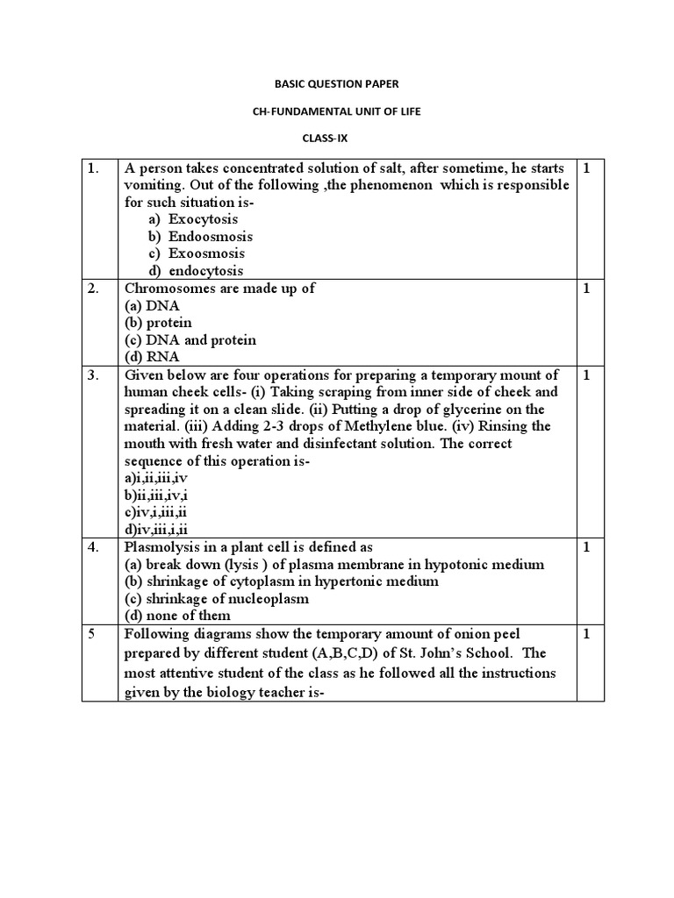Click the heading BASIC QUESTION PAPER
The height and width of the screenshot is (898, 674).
coord(338,84)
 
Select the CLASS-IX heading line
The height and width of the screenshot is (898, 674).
coord(338,139)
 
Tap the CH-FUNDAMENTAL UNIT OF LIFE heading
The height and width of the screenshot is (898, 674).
coord(338,111)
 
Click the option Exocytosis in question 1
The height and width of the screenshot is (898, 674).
coord(203,219)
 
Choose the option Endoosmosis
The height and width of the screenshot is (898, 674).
coord(210,237)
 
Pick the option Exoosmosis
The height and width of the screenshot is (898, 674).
coord(206,253)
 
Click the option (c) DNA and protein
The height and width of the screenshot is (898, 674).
coord(190,339)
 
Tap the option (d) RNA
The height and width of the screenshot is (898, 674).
coord(152,357)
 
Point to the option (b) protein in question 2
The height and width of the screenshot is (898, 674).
coord(158,323)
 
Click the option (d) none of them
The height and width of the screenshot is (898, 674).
coord(177,616)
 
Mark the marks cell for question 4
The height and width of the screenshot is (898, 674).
coord(586,547)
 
